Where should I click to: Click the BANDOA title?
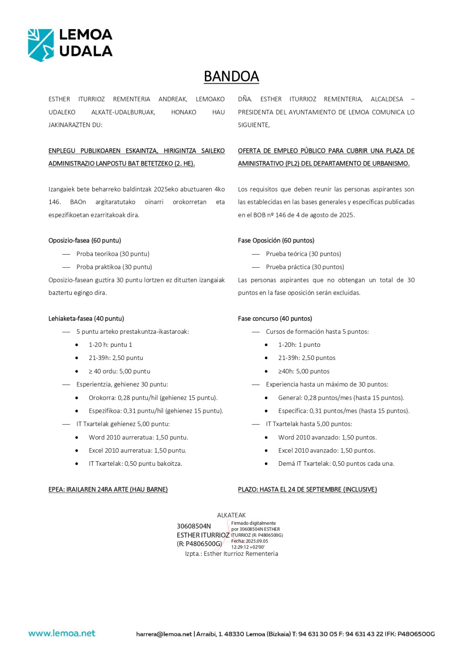point(231,77)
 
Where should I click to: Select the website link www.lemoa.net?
point(62,633)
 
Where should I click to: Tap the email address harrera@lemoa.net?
point(164,634)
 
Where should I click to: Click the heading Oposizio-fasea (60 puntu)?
point(85,241)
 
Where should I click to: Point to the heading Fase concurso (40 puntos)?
point(275,319)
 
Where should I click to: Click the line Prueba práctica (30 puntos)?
point(305,267)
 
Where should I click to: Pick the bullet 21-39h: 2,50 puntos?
point(307,358)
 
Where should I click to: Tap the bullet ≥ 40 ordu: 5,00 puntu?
point(119,371)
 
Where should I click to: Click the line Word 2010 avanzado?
point(327,437)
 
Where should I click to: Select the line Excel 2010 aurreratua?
point(137,451)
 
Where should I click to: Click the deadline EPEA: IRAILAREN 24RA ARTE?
point(108,490)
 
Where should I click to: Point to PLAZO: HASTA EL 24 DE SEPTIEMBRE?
point(307,490)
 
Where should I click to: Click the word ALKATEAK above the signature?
point(231,515)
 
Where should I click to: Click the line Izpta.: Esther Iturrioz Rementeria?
point(231,554)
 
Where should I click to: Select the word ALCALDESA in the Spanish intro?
point(387,99)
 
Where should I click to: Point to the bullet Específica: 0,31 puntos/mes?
point(343,411)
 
